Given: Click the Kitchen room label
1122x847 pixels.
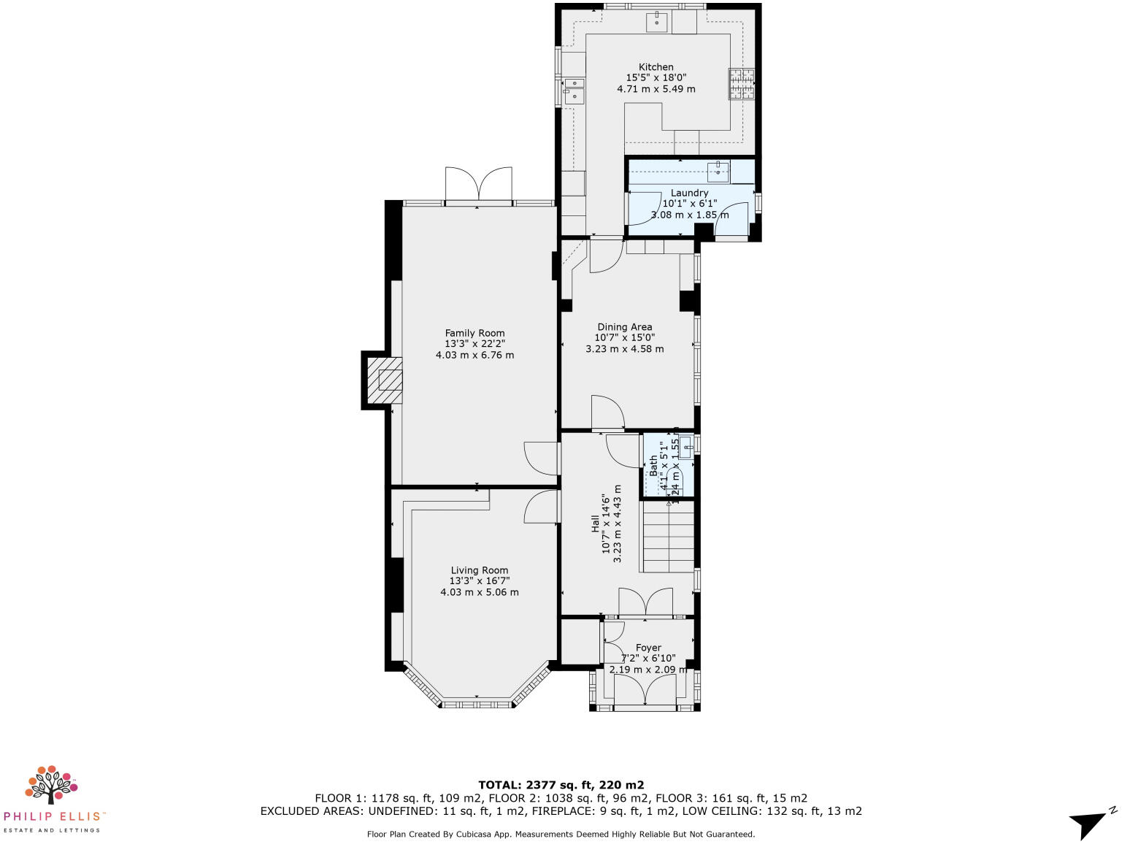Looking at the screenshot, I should [x=656, y=66].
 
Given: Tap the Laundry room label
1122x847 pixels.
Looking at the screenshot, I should [x=689, y=193].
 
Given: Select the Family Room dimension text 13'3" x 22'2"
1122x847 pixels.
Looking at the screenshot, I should [x=474, y=344].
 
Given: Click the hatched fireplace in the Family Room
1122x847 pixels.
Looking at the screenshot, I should [x=385, y=380].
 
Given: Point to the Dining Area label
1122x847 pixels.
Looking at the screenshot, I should [x=624, y=327].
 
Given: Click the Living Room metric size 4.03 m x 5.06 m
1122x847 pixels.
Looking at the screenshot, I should [x=479, y=592].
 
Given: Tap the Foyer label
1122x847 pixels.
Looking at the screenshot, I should [x=648, y=647].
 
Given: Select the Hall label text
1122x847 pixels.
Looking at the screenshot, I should [x=595, y=522].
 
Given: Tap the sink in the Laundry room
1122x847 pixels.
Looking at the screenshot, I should [x=718, y=172].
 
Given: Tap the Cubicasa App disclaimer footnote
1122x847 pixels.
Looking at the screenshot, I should [x=561, y=833].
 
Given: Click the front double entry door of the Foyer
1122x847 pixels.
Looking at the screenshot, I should [x=645, y=690].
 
